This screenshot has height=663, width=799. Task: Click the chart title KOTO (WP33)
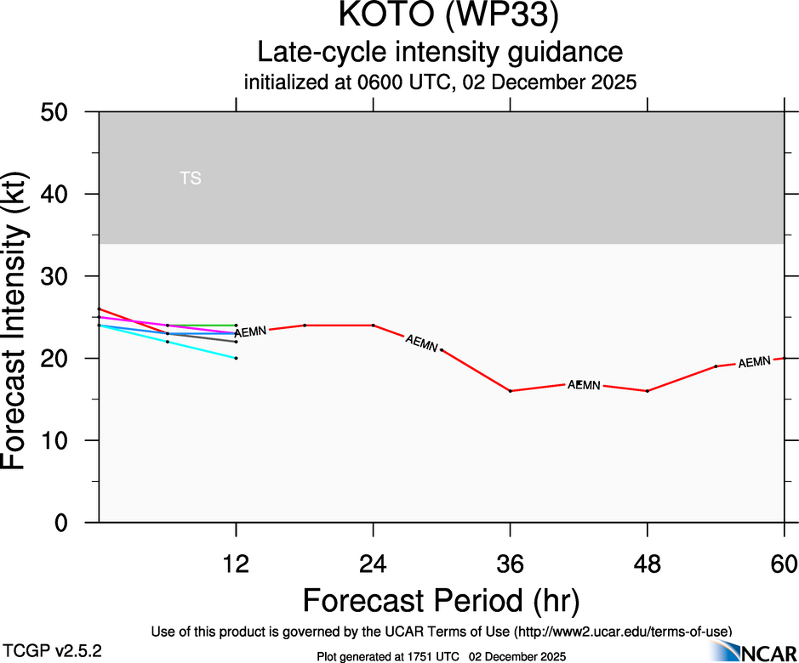click(x=440, y=17)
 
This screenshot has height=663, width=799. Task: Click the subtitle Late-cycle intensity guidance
click(x=440, y=52)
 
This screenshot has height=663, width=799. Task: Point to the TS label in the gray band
click(x=191, y=178)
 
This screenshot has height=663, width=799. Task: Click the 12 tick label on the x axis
click(x=236, y=564)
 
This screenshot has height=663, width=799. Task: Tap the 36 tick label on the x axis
click(x=510, y=564)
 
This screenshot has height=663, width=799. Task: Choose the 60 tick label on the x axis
click(x=784, y=564)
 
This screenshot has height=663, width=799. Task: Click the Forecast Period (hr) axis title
click(x=441, y=600)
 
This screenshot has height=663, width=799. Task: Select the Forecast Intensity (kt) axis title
click(x=22, y=318)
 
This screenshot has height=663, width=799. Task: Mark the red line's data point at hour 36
click(x=510, y=391)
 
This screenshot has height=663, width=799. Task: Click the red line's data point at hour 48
click(x=648, y=391)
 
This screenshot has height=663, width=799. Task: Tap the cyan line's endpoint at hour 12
click(x=236, y=358)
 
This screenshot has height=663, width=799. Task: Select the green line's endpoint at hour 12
click(x=236, y=326)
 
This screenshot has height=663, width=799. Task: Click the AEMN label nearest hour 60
click(x=754, y=362)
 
